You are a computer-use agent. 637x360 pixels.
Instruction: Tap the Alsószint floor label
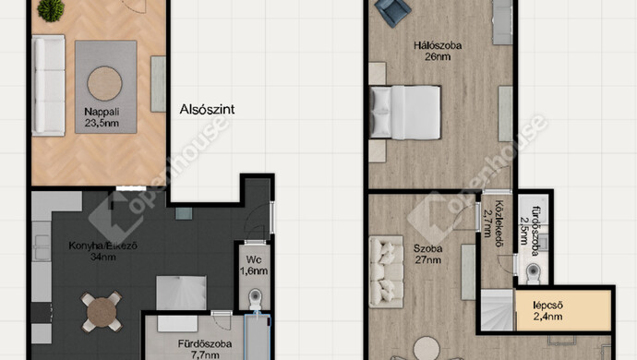coord(207,109)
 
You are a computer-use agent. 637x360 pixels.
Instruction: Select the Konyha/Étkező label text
coord(102,246)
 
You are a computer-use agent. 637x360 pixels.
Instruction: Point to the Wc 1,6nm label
coord(254,265)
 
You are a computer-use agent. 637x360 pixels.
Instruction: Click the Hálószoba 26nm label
coord(438,51)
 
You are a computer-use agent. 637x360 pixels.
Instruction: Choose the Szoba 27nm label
coord(427,254)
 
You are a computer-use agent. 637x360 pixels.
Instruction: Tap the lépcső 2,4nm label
coord(548,311)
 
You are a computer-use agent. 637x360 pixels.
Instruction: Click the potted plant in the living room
coord(51,10)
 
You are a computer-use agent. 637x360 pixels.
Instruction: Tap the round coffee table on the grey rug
coord(105,84)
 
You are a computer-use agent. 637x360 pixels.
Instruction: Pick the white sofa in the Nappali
coord(48,85)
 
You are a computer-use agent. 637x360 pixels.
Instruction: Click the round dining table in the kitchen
coord(102,312)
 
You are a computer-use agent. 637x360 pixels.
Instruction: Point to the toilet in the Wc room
coord(255,299)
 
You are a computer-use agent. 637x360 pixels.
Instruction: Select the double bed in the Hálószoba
coord(405,112)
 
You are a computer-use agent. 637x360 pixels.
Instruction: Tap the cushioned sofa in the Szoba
coord(386,271)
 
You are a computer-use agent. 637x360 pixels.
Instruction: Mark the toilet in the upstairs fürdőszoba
coord(534,272)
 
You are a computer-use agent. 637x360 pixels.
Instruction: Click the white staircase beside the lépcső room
coord(498,309)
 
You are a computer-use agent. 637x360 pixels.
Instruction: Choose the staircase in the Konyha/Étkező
coord(181,294)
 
